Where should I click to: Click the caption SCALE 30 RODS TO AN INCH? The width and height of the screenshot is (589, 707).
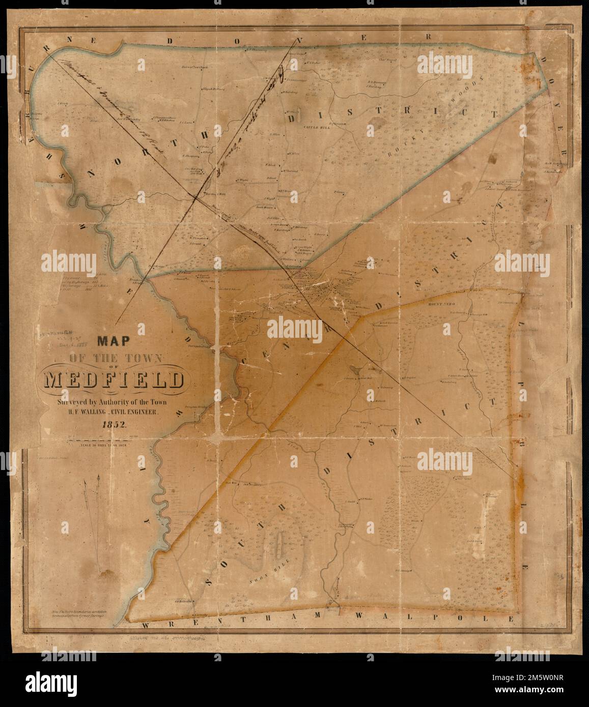tap(107, 446)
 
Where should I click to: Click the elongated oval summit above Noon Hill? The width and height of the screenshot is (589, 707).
tap(279, 548)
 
